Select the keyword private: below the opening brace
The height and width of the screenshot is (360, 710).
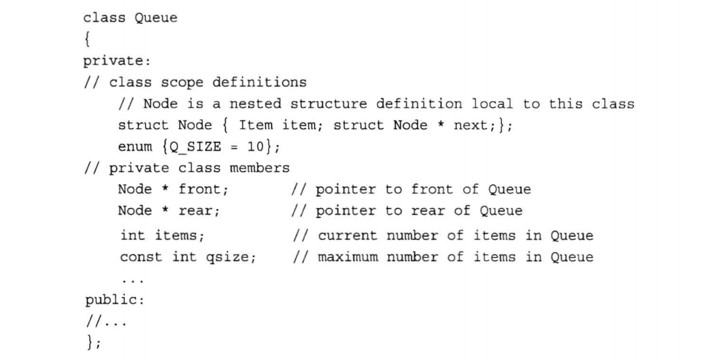112,61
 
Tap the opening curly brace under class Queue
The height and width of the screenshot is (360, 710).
87,39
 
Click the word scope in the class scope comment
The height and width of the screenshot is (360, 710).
182,82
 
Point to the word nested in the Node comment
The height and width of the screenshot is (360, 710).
254,104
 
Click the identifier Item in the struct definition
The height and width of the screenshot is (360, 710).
256,125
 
